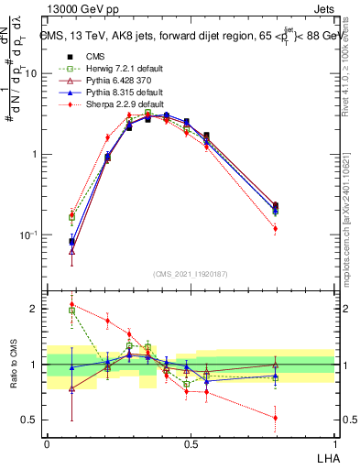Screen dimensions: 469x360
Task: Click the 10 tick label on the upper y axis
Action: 31,73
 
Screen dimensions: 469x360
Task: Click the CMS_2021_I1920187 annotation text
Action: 190,274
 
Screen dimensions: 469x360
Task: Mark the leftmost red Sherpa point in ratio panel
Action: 71,304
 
